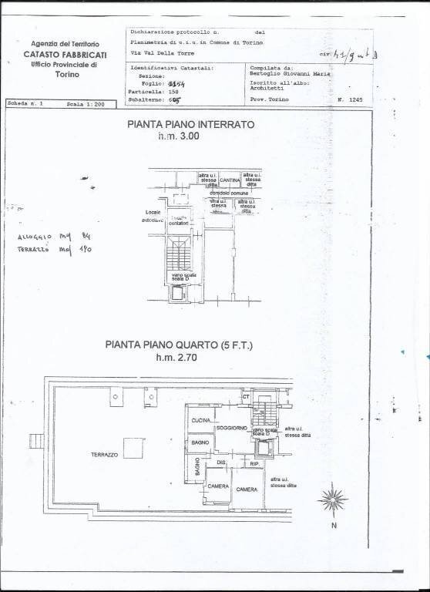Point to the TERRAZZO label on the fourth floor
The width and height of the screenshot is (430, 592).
pos(103,456)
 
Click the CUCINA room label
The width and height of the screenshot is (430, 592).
pos(202,419)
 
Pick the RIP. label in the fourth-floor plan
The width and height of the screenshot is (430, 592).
pos(254,464)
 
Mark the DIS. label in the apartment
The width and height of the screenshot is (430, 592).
pos(220,462)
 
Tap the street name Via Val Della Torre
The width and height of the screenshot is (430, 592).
pos(163,54)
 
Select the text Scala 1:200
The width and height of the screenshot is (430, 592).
pos(86,103)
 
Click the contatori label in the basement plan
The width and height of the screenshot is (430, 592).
pos(179,221)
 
